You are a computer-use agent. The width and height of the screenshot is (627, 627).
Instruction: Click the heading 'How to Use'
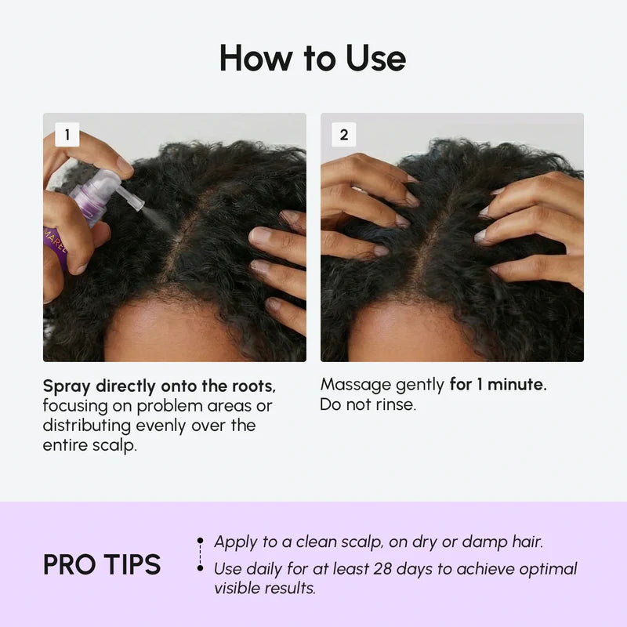click(x=313, y=59)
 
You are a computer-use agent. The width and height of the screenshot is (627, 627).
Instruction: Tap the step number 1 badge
click(x=67, y=135)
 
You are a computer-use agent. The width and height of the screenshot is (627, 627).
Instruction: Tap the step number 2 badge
click(x=343, y=135)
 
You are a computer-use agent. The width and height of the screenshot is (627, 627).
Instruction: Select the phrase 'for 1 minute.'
click(x=498, y=385)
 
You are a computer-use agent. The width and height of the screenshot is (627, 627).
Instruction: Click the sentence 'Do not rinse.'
click(x=367, y=405)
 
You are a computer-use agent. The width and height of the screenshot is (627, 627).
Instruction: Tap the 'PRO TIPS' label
click(x=102, y=564)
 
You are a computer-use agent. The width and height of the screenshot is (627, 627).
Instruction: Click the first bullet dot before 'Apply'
click(x=201, y=542)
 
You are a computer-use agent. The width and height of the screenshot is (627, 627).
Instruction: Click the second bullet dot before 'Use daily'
click(x=201, y=569)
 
